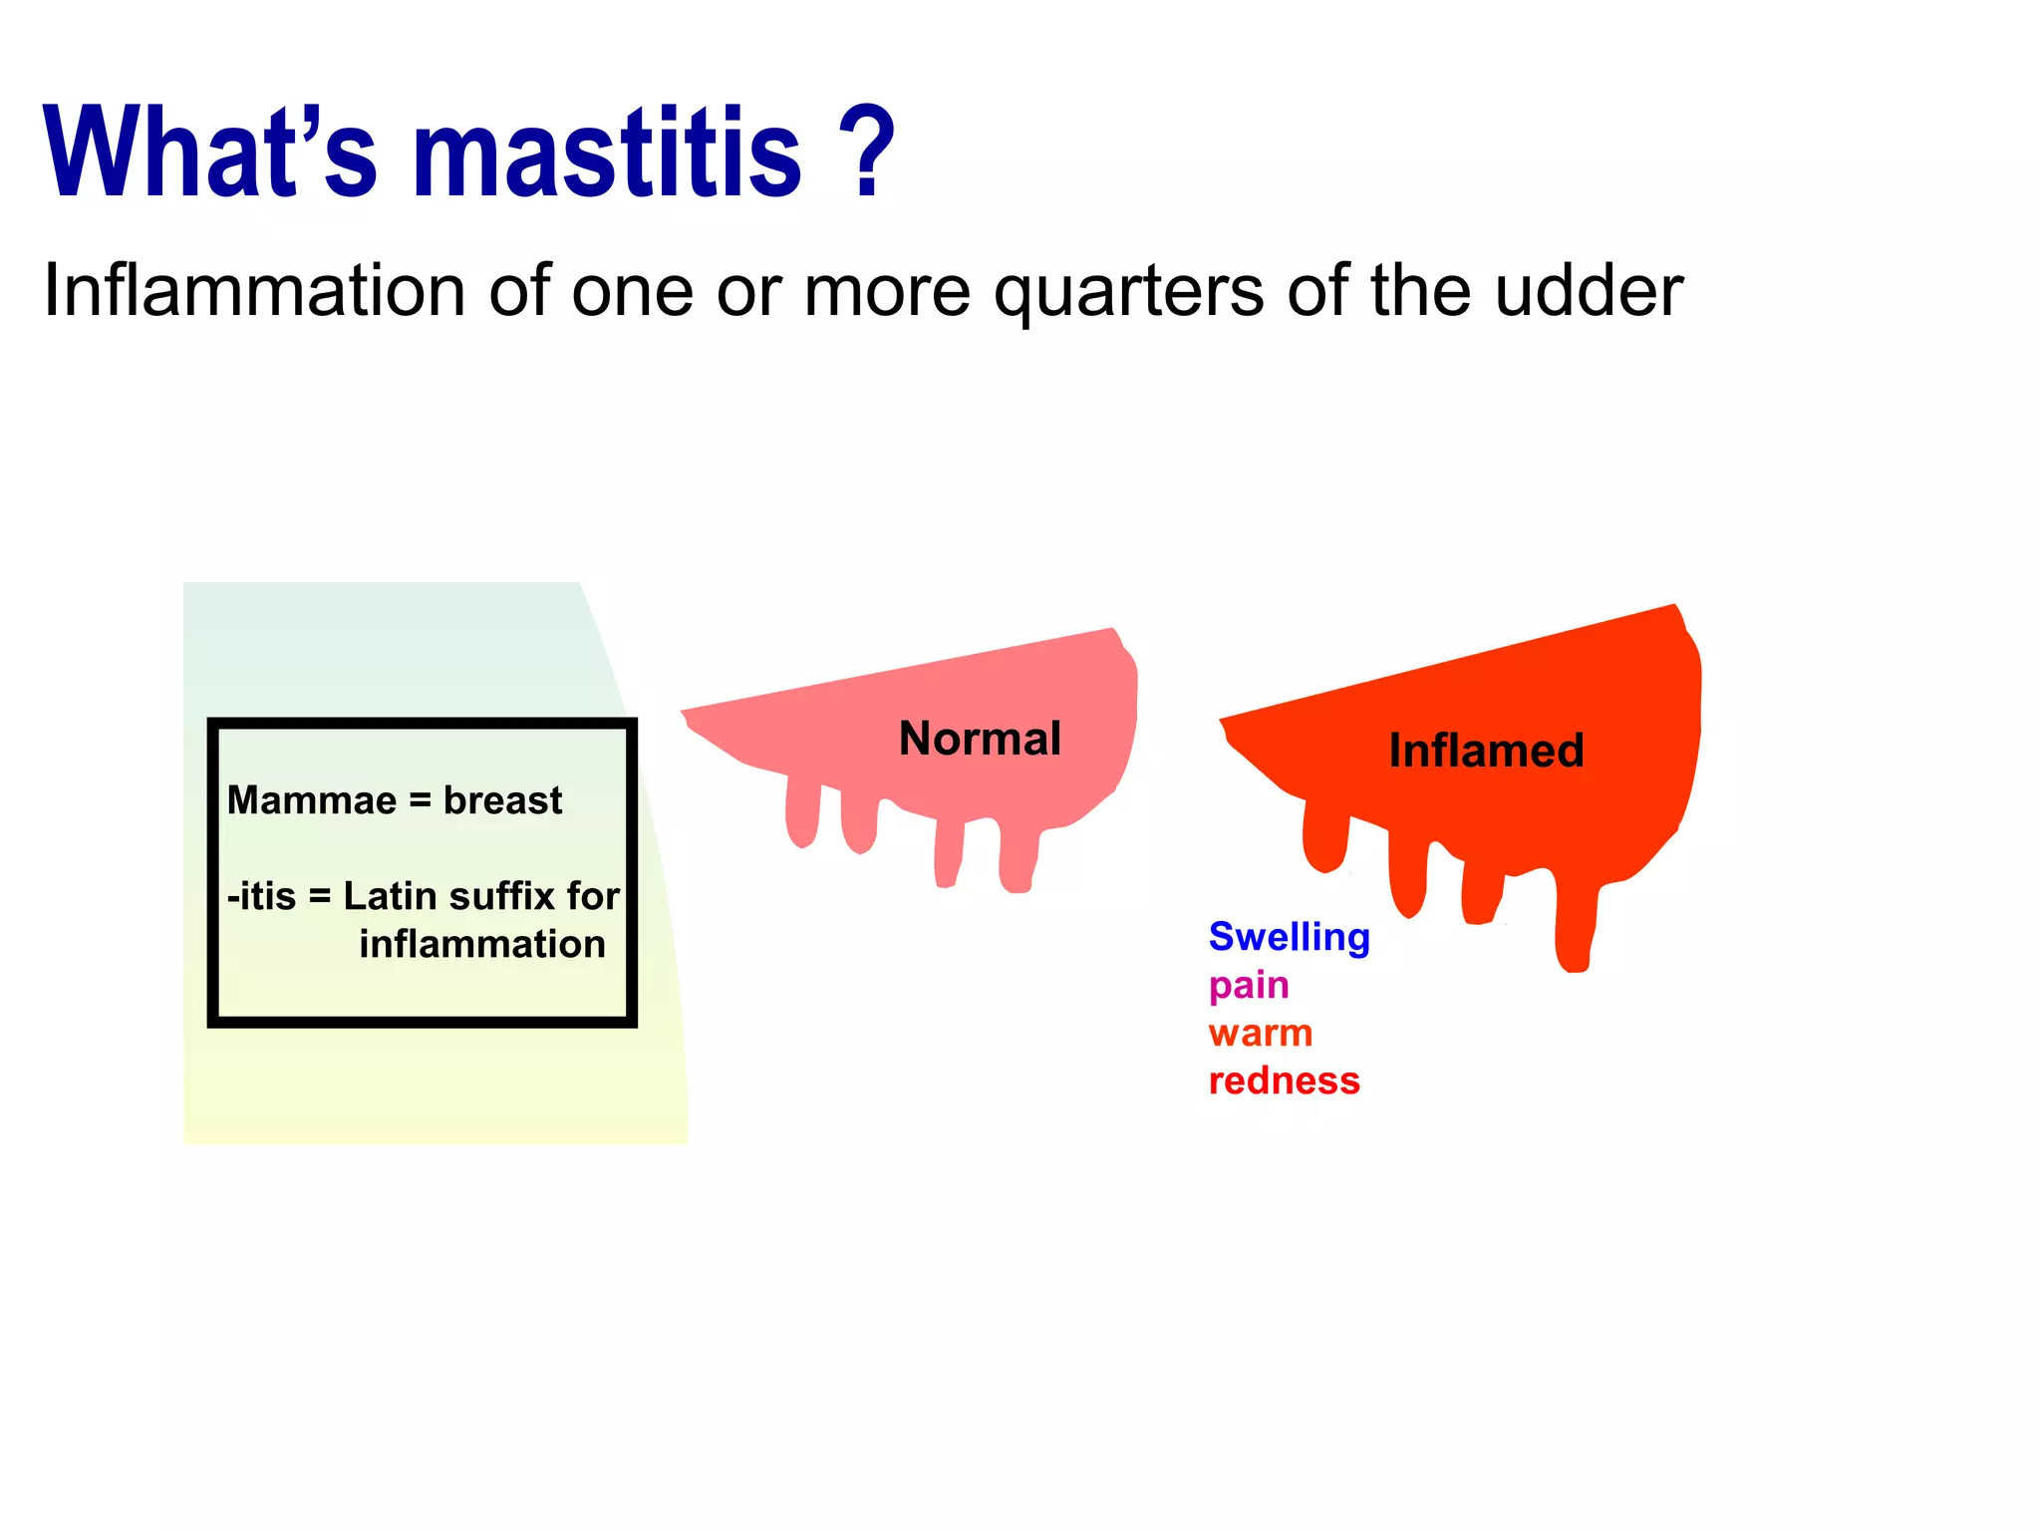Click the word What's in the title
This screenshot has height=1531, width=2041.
(x=209, y=154)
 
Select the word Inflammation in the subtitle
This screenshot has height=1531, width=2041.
(x=254, y=291)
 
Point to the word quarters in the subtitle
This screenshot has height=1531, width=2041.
(x=1129, y=291)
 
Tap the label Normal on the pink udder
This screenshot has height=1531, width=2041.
(x=980, y=739)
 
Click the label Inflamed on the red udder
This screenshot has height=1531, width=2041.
(x=1486, y=751)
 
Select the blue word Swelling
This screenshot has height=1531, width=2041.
(x=1289, y=937)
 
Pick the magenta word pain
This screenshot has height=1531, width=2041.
(x=1249, y=986)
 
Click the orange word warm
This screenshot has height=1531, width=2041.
(x=1260, y=1033)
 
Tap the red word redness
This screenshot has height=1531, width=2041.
(x=1284, y=1080)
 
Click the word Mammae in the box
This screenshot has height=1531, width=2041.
(x=311, y=800)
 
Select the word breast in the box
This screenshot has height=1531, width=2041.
(x=502, y=800)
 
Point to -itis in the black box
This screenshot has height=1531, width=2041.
(x=261, y=896)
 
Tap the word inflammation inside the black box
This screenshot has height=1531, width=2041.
(x=482, y=944)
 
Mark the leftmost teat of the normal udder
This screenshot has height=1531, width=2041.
(x=801, y=812)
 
